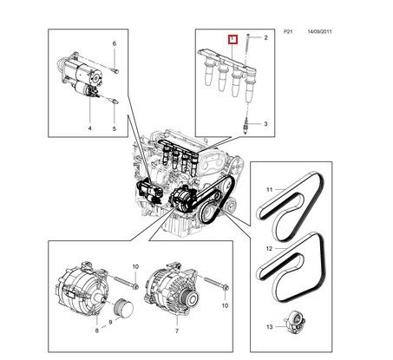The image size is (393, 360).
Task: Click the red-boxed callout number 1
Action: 233,39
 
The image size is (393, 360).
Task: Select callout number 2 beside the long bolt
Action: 265,37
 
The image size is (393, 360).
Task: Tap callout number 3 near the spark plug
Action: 265,124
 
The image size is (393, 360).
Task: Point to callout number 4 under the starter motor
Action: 89,128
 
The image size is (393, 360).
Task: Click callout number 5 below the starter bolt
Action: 114,128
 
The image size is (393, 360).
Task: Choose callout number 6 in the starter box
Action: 115,43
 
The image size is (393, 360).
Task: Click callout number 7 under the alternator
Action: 177,331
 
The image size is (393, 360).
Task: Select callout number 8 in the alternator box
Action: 96,331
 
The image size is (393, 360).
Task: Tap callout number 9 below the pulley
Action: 110,322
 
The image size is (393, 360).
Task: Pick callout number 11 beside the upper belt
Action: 270,190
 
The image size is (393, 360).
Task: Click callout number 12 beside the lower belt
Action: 269,249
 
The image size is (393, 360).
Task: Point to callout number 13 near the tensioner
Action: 269,327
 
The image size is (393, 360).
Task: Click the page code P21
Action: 288,31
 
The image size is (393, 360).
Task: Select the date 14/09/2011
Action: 319,31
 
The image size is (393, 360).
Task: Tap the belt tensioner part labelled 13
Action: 295,323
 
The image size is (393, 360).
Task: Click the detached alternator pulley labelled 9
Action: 124,309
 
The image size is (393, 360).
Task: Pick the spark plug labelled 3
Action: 246,126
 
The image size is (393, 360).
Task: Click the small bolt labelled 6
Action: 115,70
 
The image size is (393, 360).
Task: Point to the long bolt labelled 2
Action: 247,49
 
